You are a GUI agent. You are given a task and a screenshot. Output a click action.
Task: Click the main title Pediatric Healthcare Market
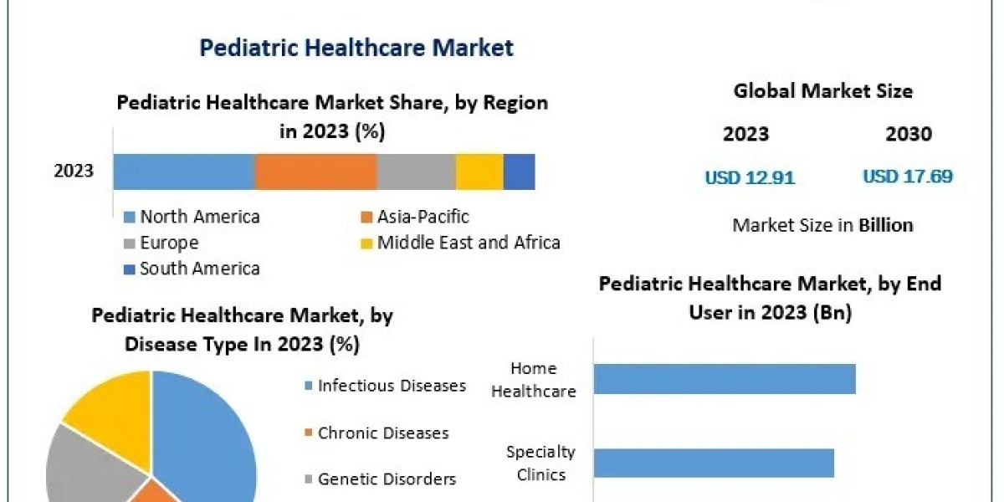pos(356,48)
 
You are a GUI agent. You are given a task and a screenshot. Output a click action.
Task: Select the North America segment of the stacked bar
pos(183,172)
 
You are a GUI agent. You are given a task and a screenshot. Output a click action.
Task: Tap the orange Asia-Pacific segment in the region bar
pos(315,172)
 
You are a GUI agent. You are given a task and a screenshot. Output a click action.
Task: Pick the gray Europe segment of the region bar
pos(416,172)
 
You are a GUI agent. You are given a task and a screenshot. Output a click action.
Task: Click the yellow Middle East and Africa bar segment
pos(479,172)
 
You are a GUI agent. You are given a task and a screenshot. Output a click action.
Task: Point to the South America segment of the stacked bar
pos(519,172)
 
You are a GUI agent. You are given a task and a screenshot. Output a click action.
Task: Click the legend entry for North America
pos(199,217)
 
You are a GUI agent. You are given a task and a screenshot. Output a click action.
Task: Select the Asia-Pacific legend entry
pos(423,217)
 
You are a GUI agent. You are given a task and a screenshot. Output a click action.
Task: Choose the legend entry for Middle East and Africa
pos(468,243)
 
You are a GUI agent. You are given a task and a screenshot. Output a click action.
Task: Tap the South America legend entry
pos(199,269)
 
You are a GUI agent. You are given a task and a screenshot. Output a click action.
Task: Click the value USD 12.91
pos(749,177)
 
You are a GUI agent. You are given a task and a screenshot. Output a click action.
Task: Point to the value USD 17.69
pos(908,177)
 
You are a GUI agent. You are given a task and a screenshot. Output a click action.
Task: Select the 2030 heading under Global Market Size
pos(908,134)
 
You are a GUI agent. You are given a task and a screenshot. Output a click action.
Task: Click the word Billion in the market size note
pos(885,225)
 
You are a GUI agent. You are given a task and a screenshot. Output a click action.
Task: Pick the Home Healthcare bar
pos(724,378)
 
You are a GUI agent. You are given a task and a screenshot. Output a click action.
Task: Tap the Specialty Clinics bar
pos(713,463)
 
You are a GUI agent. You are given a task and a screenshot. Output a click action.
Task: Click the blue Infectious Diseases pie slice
pos(209,435)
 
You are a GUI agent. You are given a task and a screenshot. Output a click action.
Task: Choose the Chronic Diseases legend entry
pos(382,433)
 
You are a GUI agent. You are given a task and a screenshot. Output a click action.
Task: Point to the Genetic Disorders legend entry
pos(386,479)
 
